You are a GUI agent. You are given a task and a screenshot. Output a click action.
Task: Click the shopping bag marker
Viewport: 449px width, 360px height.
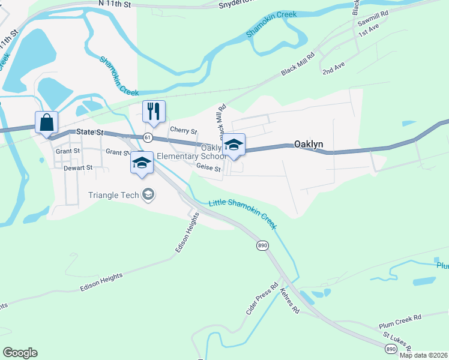pos(46,123)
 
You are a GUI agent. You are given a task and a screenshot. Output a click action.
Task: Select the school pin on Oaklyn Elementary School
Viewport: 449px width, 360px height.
pos(234,145)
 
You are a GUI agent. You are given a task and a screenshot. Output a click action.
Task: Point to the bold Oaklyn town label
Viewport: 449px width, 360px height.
pos(310,144)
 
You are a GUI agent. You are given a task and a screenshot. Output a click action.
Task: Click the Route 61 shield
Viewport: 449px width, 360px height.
pos(148,137)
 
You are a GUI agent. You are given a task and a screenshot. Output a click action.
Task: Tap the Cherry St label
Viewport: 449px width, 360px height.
pos(184,130)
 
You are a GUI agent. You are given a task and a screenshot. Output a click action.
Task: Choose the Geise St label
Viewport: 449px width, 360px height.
pos(209,169)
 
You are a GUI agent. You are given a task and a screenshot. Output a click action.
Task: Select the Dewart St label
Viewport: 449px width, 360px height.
pos(79,169)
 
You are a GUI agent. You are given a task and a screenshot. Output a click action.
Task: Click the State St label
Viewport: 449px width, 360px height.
pos(90,131)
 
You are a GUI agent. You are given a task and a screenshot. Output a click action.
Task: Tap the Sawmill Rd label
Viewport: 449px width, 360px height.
pos(373,20)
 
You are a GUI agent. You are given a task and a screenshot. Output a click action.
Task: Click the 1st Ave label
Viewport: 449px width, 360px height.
pos(368,31)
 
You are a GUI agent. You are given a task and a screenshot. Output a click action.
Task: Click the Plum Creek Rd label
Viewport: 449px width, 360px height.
pos(400,321)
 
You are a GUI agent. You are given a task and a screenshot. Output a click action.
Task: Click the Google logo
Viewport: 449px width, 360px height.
pos(20,353)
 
